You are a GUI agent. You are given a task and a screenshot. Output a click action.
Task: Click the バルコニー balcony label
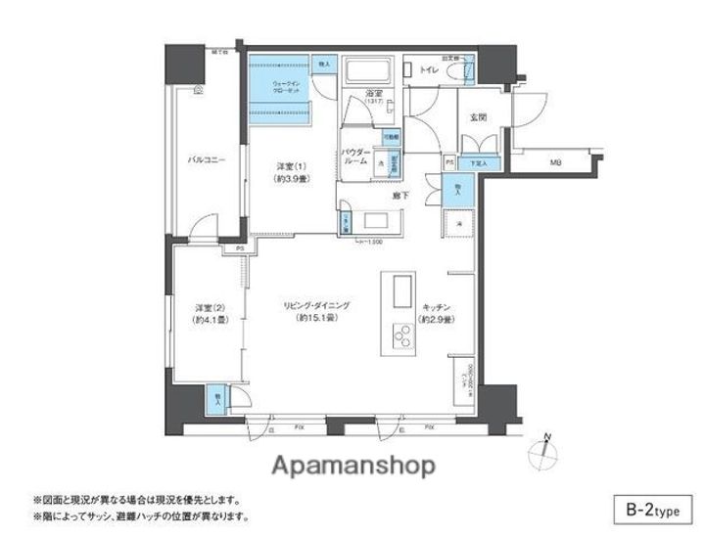coord(208,159)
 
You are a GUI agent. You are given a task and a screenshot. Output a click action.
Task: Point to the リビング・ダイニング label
coord(311,307)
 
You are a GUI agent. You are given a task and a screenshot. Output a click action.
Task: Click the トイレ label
coord(429,71)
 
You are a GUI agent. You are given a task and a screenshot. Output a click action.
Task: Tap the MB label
coord(555,162)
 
